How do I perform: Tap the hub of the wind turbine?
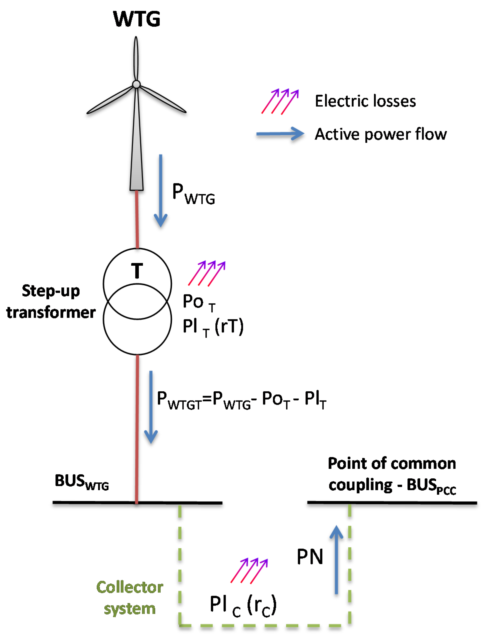(136, 84)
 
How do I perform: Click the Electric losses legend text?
(365, 101)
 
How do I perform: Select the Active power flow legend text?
(380, 134)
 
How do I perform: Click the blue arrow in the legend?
(280, 134)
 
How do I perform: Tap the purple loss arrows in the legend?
(280, 101)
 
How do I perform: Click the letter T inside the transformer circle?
(137, 271)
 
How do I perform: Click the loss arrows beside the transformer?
(207, 273)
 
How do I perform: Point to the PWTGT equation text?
(241, 400)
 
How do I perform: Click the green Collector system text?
(130, 598)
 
